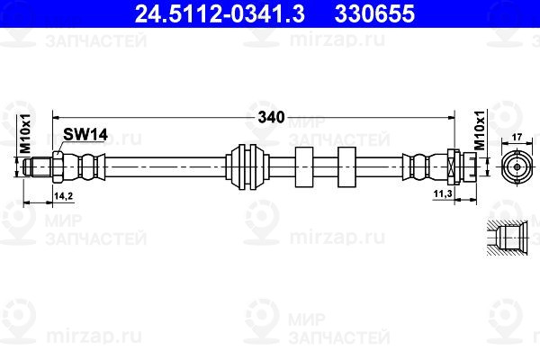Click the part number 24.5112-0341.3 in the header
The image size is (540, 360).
pos(220,13)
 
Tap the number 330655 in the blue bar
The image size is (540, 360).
pos(374,13)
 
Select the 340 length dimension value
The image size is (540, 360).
pos(272,118)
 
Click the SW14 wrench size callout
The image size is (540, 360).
pos(85,134)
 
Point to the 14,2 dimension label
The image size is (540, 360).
pos(64,196)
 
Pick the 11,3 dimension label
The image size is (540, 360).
pos(443,194)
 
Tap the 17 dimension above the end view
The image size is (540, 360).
pos(517,137)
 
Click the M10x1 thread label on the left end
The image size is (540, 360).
pos(25,133)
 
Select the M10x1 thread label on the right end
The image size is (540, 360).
pos(480,130)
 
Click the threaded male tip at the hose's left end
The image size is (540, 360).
pos(38,166)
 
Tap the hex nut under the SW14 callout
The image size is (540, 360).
pos(58,167)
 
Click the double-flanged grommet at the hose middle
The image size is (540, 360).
pos(247,167)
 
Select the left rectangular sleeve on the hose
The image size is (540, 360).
pos(304,167)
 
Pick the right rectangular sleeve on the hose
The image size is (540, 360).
pos(346,167)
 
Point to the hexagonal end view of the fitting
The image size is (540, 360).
pos(517,166)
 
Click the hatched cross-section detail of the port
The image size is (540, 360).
pos(508,238)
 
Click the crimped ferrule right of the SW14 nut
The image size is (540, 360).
pos(84,167)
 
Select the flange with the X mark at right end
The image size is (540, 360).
pos(454,167)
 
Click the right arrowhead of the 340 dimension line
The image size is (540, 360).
pos(452,118)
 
